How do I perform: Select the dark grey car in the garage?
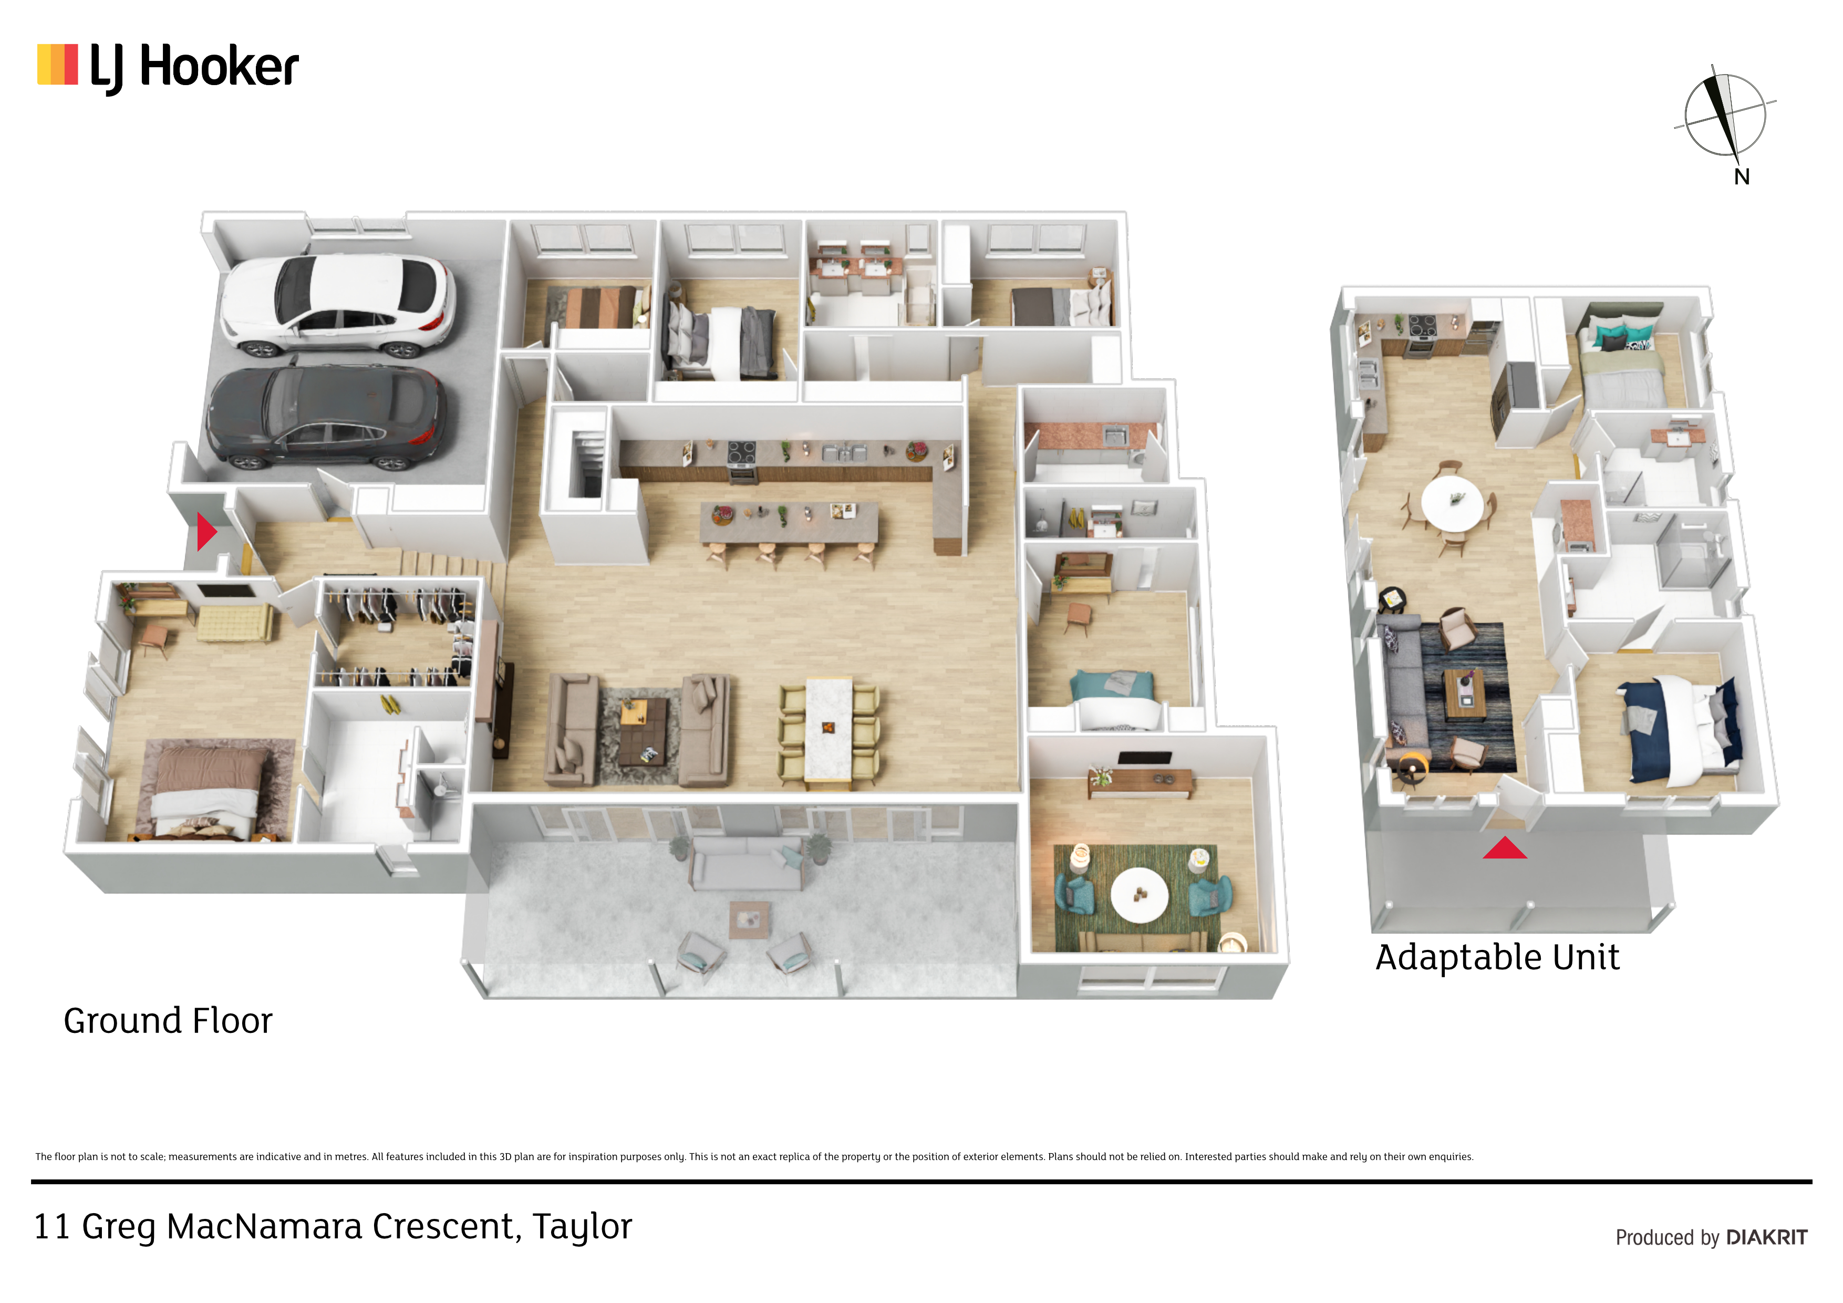[x=325, y=417]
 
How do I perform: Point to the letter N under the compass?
[x=1742, y=177]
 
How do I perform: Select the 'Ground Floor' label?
[x=168, y=1021]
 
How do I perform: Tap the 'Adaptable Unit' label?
[x=1498, y=958]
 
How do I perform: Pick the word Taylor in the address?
[x=582, y=1227]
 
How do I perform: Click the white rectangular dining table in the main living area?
[x=829, y=729]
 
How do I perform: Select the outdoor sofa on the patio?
[x=747, y=863]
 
